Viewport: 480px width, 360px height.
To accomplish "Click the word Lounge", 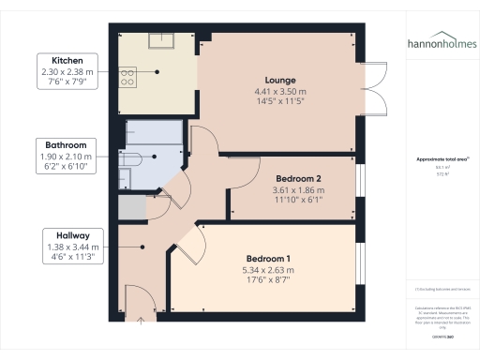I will point(281,80).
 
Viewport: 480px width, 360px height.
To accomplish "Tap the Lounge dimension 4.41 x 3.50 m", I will point(281,91).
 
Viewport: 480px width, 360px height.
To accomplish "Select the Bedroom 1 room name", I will point(268,259).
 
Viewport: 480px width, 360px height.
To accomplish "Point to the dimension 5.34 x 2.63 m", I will point(268,270).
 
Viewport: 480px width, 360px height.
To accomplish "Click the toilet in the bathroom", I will point(128,158).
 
